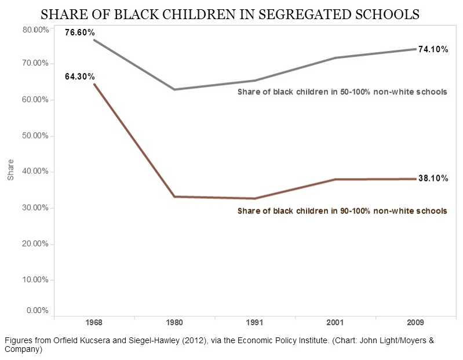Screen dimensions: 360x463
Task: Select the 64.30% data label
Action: click(x=79, y=76)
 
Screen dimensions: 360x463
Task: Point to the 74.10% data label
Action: click(x=433, y=49)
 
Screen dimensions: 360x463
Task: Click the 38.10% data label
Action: click(x=433, y=179)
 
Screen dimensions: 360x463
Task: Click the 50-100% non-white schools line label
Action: click(x=342, y=92)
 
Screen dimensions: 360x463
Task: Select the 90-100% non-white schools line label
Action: click(x=342, y=211)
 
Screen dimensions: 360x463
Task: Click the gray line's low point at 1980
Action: click(x=174, y=89)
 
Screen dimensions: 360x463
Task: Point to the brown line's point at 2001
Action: click(x=335, y=180)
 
